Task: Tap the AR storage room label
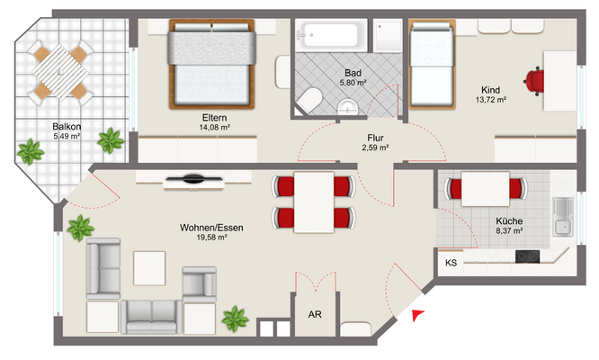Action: click(x=315, y=314)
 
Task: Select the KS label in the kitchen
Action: click(x=451, y=263)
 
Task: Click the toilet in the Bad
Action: click(x=308, y=100)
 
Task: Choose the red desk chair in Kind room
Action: click(x=534, y=81)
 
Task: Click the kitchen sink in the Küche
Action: click(x=563, y=217)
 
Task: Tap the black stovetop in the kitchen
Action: click(x=527, y=256)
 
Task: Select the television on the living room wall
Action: click(x=193, y=179)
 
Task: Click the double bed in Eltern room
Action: click(x=211, y=64)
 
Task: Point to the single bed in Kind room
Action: click(x=432, y=65)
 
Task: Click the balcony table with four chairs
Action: click(x=60, y=71)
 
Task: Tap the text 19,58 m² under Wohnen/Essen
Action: click(x=211, y=238)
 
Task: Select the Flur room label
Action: click(x=375, y=138)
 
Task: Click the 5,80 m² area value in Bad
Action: click(x=353, y=82)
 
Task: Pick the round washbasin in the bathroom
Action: click(x=348, y=107)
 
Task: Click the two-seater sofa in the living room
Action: click(x=152, y=317)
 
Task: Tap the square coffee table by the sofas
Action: click(x=149, y=268)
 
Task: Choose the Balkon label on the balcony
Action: click(x=67, y=127)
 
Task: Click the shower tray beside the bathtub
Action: click(x=388, y=35)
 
